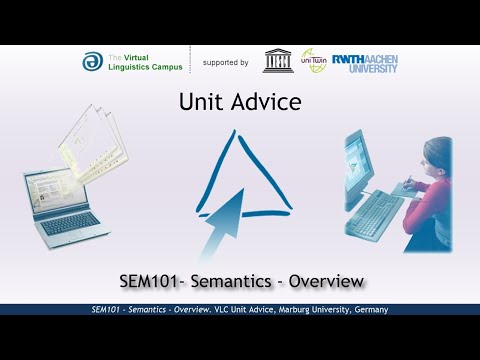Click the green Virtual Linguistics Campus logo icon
coord(91,62)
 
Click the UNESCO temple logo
coord(279,61)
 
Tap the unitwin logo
coord(314,61)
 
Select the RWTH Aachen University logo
coord(364,61)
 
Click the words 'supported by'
coord(225,62)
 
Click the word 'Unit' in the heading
coord(199,102)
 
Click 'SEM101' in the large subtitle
coord(146,282)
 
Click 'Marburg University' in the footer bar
coord(319,310)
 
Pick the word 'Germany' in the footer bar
coord(371,310)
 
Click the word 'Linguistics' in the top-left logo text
coord(129,67)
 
